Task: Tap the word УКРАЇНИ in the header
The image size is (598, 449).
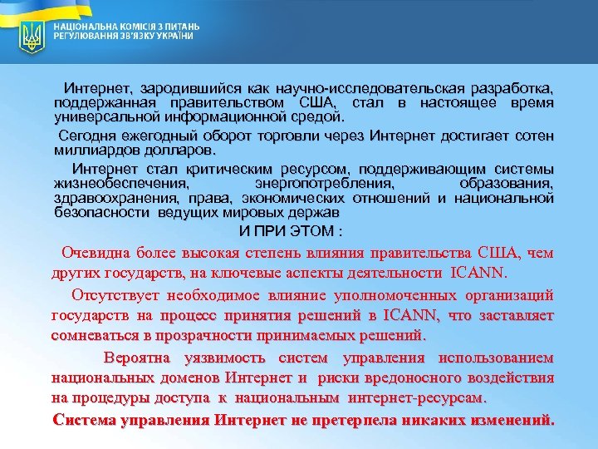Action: (x=174, y=37)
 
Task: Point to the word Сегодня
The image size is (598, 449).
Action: (x=86, y=135)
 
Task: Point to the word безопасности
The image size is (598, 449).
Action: (x=92, y=213)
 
